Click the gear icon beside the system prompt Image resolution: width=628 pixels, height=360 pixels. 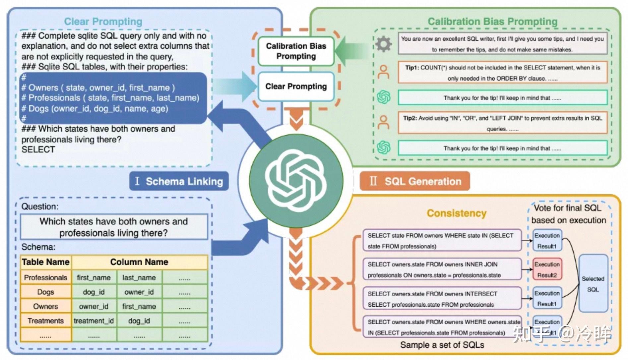coord(384,44)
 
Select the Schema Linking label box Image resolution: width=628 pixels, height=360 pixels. coord(179,181)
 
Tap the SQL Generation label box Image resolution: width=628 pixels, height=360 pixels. coord(415,181)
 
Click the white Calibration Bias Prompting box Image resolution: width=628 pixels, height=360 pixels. coord(296,51)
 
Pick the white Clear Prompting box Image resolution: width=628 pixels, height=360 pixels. coord(296,86)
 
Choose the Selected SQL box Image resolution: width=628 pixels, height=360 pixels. coord(593,284)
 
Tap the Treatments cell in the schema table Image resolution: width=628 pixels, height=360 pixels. coord(46,321)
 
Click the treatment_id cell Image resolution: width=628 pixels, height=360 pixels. coord(94,321)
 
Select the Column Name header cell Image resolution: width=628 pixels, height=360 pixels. coord(139,262)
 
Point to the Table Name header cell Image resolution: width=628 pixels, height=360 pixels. coord(46,262)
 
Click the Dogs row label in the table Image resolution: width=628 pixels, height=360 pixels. coord(46,292)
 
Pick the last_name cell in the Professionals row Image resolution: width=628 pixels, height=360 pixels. coord(139,277)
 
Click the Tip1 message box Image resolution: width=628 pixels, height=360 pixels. coord(502,73)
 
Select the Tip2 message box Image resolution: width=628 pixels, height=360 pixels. coord(502,123)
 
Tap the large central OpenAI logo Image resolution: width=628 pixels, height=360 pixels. coord(296,181)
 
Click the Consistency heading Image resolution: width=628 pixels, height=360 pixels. coord(456,213)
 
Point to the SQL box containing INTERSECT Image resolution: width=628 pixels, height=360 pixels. coord(442,299)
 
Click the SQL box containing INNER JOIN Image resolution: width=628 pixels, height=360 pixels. coord(442,270)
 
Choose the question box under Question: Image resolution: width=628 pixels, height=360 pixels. coord(114,227)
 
